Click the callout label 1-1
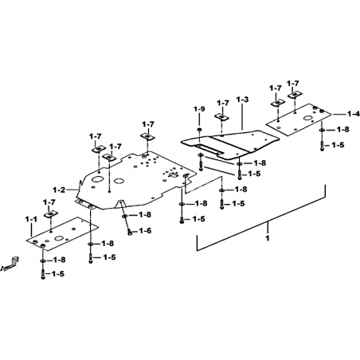click(31, 220)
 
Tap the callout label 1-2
click(59, 190)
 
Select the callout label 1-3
click(242, 100)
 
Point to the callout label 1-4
click(354, 114)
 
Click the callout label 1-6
click(145, 231)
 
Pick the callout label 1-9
click(199, 109)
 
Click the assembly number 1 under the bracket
click(268, 238)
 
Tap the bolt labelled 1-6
click(130, 233)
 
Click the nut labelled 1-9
click(199, 130)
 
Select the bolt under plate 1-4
click(322, 146)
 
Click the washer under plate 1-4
click(322, 130)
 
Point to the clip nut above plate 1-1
click(51, 214)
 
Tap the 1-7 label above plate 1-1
click(49, 203)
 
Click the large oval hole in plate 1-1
click(59, 238)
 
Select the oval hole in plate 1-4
click(308, 118)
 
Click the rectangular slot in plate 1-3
click(209, 149)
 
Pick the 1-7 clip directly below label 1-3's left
click(222, 117)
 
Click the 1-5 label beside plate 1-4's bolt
click(338, 145)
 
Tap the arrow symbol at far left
click(10, 264)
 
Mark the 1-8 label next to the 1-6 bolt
click(145, 214)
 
